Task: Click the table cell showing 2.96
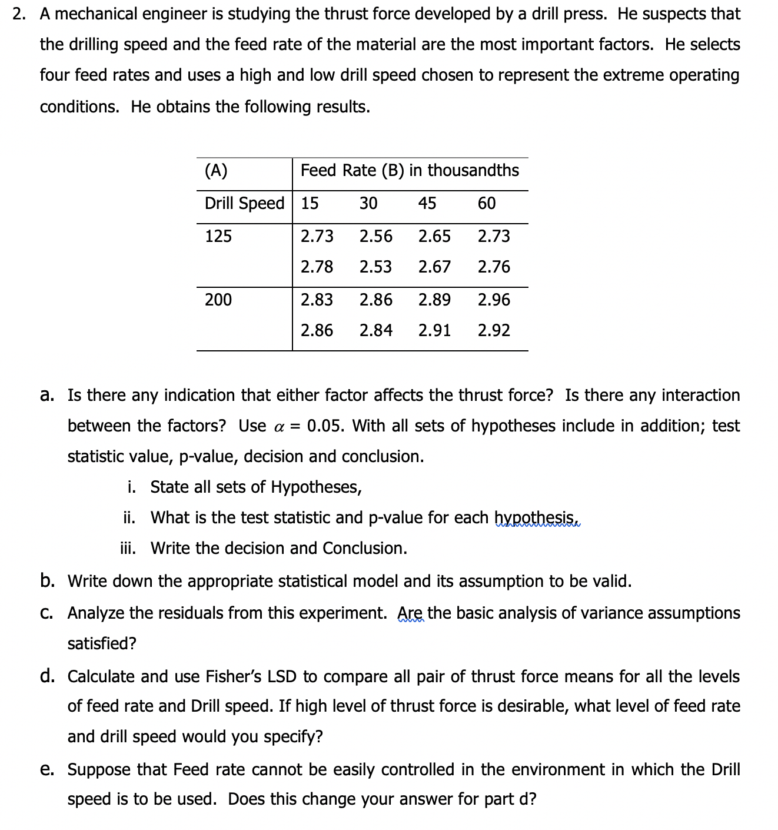click(494, 300)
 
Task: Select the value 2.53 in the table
click(375, 267)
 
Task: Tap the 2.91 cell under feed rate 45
click(434, 330)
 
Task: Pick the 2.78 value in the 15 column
click(317, 267)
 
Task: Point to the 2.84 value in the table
click(375, 330)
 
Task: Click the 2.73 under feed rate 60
click(494, 236)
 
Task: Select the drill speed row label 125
click(218, 236)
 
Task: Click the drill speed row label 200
click(218, 300)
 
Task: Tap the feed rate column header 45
click(427, 203)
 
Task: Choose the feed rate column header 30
click(368, 203)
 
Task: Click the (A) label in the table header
click(216, 170)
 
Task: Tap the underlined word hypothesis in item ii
click(537, 518)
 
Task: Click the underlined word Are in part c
click(410, 613)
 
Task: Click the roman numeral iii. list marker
click(128, 548)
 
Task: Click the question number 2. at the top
click(19, 14)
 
